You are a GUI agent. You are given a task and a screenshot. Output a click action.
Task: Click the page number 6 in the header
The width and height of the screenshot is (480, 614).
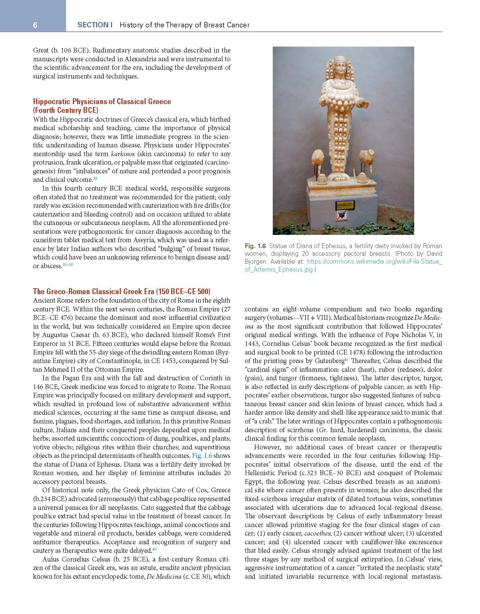tap(35, 25)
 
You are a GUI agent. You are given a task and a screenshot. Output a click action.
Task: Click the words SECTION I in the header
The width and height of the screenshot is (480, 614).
tap(95, 25)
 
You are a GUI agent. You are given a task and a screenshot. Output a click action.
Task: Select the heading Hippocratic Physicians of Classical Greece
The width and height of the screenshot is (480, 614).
tap(102, 101)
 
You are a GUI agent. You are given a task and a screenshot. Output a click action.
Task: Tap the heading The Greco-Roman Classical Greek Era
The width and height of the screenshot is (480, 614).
tap(121, 291)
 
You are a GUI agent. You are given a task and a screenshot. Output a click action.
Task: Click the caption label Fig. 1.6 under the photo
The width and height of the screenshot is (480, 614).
tap(255, 246)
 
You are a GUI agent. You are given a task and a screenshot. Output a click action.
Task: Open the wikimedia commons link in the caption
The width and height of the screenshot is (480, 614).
tap(343, 266)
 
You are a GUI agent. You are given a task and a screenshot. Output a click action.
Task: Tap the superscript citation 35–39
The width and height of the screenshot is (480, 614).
tap(67, 265)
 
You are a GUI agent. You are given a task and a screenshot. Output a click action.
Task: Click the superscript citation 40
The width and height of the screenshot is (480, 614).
tap(154, 549)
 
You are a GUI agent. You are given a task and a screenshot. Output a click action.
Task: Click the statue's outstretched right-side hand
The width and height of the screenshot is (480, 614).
tap(365, 104)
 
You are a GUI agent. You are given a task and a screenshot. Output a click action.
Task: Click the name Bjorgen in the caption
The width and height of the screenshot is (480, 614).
tap(255, 262)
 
